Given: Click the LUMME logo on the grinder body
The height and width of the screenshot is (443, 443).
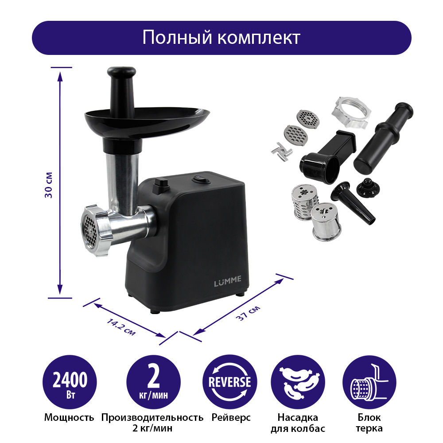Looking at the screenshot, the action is (228, 281).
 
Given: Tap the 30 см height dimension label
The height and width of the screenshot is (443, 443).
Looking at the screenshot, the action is (49, 185).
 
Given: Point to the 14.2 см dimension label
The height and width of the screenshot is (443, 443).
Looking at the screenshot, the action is (121, 327).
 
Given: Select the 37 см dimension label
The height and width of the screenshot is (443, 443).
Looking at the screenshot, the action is (248, 313).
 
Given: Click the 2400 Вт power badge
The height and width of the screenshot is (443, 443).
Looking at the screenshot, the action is (70, 382).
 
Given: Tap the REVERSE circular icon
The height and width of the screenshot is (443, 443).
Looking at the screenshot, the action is (229, 382).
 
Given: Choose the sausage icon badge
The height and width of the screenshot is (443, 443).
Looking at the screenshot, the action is (298, 382).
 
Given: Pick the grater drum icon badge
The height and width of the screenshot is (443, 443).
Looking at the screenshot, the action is (369, 382).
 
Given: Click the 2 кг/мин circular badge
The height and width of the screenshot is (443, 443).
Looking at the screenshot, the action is (153, 382).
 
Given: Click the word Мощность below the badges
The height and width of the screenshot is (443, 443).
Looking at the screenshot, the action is (69, 418).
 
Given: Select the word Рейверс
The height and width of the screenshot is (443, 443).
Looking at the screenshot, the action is (231, 418).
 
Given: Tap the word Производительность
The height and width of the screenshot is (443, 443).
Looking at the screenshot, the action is (152, 418).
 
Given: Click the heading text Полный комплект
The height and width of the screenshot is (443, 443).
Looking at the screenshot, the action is (221, 37).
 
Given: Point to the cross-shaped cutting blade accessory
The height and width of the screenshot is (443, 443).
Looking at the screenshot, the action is (282, 152).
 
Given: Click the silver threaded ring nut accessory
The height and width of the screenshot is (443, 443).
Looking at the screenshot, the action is (351, 113).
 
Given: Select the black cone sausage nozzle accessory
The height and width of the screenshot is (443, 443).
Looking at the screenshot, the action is (353, 202).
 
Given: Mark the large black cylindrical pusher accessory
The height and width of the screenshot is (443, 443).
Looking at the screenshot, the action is (383, 138).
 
